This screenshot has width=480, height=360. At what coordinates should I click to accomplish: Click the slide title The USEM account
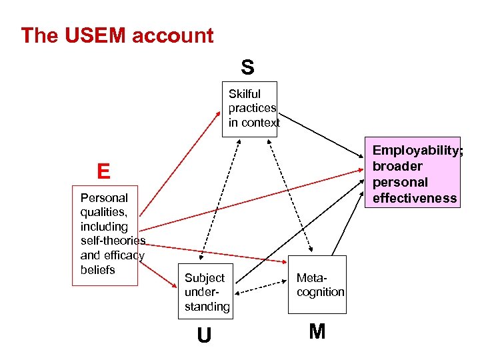click(x=117, y=35)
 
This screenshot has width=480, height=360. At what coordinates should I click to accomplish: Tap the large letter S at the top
click(x=247, y=67)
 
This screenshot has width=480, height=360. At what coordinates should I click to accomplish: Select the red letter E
click(x=103, y=172)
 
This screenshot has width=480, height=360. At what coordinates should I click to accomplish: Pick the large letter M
click(x=317, y=331)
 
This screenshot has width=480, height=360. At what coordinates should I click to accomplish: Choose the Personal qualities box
click(x=105, y=235)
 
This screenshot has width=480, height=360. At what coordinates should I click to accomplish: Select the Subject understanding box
click(x=207, y=292)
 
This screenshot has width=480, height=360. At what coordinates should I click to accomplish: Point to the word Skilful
click(x=245, y=94)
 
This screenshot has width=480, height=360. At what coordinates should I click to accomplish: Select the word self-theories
click(x=113, y=241)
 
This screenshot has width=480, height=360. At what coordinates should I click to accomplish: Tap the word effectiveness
click(x=415, y=198)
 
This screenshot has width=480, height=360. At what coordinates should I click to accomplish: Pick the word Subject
click(x=205, y=278)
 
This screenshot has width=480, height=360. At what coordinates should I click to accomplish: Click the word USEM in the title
click(x=93, y=35)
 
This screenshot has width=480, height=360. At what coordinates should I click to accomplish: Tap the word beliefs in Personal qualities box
click(x=97, y=270)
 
